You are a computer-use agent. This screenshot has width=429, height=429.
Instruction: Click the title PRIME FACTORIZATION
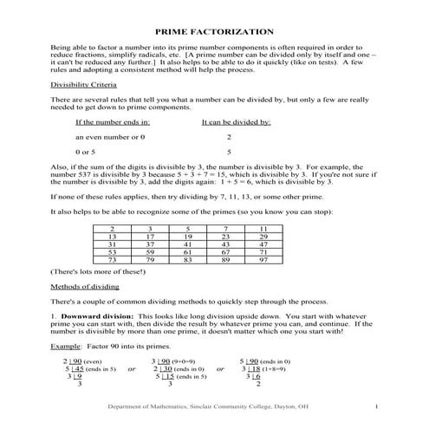(214, 31)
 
